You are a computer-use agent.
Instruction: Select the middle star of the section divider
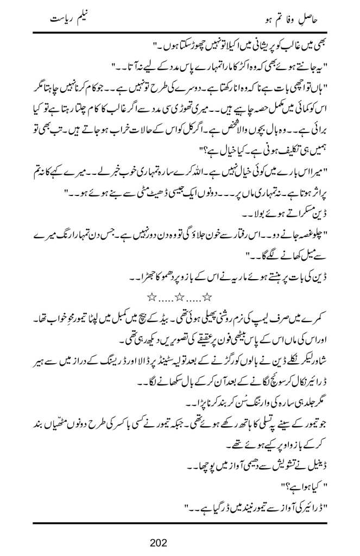click(x=179, y=296)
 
